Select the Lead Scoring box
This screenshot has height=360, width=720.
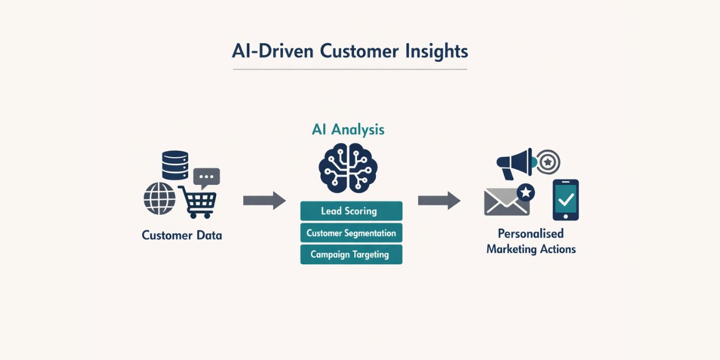tap(351, 211)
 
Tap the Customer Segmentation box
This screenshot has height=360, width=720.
tap(351, 233)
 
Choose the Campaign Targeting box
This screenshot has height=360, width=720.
tap(351, 254)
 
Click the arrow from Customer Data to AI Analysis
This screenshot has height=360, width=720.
tap(264, 200)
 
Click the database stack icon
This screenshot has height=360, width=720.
tap(175, 165)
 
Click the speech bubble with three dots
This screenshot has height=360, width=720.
tap(206, 177)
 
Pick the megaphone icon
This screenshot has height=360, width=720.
tap(515, 163)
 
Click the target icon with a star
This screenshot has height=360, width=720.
tap(547, 161)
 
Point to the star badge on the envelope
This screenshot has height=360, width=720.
tap(526, 192)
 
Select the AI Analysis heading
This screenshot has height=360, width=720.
tap(348, 129)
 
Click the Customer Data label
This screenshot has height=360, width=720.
tap(182, 235)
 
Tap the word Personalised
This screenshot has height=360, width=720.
tap(531, 233)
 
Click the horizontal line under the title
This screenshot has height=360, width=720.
tap(350, 70)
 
